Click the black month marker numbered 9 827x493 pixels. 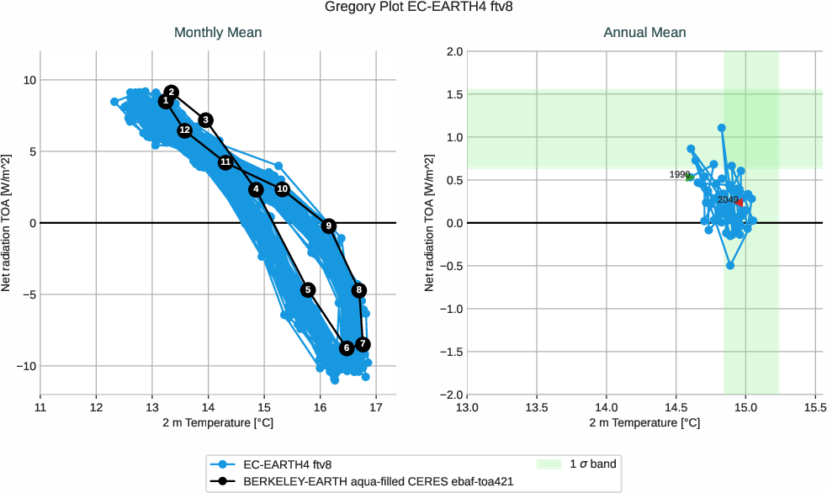coord(328,225)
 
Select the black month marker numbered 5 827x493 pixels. coord(308,289)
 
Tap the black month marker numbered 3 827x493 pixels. coord(206,120)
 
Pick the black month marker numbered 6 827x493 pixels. coord(347,347)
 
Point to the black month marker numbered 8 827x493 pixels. coord(359,290)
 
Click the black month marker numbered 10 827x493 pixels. coord(283,189)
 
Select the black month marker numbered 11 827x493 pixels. coord(225,162)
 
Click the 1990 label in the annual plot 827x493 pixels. coord(680,174)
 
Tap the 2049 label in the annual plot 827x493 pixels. coord(728,199)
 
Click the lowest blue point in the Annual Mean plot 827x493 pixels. coord(730,265)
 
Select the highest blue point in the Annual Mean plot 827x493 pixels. coord(722,128)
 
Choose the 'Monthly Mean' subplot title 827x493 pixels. coord(218,33)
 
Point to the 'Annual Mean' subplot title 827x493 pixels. coord(644,33)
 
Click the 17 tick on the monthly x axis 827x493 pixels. coord(376,408)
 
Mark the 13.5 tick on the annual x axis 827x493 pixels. coord(537,408)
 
